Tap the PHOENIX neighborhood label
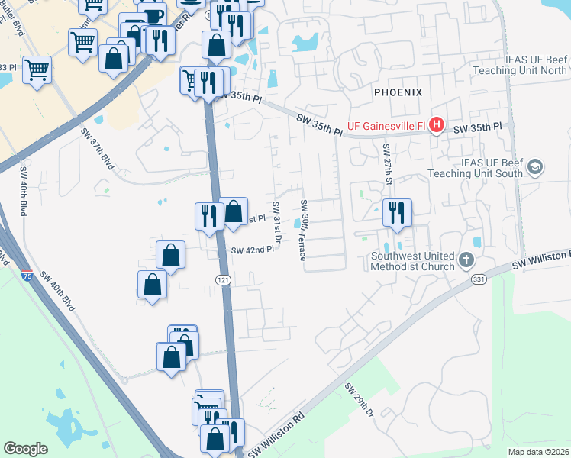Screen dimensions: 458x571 click(x=398, y=92)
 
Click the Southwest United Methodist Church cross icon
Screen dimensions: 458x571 click(x=466, y=261)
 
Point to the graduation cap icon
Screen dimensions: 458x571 click(x=537, y=167)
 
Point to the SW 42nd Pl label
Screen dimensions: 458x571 click(x=252, y=250)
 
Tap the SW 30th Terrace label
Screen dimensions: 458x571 click(x=304, y=230)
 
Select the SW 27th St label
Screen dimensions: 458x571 click(x=387, y=164)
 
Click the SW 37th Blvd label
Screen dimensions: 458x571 click(x=102, y=149)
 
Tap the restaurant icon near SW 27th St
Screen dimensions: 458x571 click(x=397, y=212)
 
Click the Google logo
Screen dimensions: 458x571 click(x=26, y=449)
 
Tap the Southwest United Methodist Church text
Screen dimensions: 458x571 click(x=413, y=262)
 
